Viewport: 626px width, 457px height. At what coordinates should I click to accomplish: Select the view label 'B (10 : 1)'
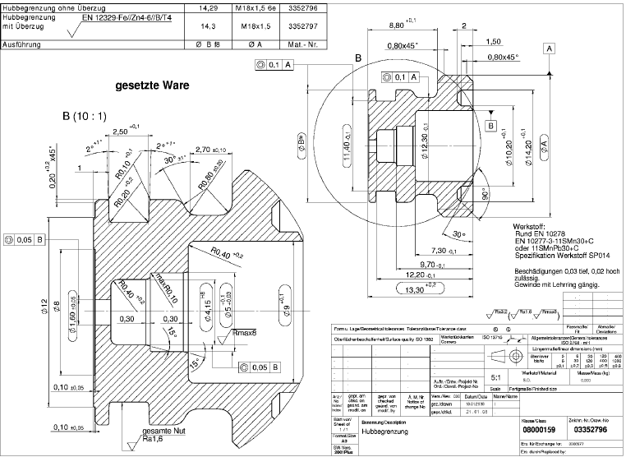click(85, 116)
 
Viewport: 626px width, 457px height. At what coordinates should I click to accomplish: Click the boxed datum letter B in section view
click(490, 126)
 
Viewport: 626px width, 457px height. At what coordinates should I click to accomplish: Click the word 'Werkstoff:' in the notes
click(530, 225)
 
